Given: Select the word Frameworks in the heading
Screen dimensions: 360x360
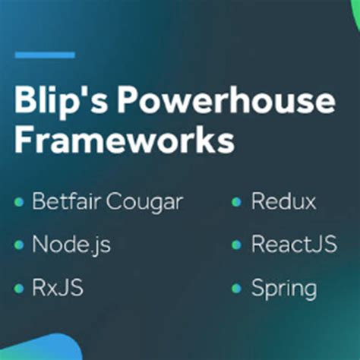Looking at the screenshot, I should pos(124,142).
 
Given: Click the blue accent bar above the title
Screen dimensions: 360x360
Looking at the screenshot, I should pos(45,55).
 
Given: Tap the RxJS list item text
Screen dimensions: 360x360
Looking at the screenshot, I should pos(58,289).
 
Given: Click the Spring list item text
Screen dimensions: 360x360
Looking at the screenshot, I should pos(284,289).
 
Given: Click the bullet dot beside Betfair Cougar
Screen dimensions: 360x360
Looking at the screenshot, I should pos(19,203).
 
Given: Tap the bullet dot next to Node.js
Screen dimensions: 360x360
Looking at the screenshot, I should pos(19,246).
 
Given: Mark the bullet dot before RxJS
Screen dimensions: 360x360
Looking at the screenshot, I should pos(19,289).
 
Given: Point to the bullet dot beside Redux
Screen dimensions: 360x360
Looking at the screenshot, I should pos(236,203).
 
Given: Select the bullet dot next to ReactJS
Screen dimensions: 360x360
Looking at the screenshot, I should pos(236,246).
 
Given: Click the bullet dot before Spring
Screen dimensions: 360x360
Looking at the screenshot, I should pos(236,289).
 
